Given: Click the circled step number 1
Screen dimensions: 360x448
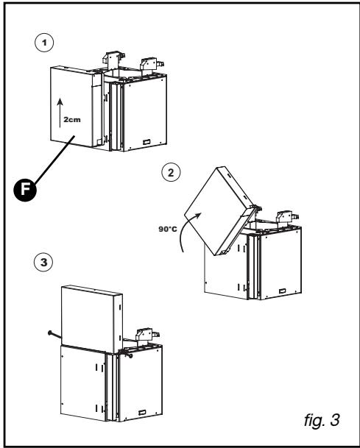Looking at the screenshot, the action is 44,43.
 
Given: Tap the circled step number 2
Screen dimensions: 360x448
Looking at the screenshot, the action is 171,173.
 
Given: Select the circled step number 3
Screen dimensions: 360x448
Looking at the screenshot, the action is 43,263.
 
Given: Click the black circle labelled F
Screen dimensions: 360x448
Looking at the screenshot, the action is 25,190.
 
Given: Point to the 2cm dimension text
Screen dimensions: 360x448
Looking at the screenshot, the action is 72,119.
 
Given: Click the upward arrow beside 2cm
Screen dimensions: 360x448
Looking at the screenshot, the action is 60,113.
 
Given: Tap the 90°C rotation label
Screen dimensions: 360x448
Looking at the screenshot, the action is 168,229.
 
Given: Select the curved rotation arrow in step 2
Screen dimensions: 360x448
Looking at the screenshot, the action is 186,230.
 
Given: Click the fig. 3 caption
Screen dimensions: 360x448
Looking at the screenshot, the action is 322,420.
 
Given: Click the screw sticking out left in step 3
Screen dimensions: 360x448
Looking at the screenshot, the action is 54,334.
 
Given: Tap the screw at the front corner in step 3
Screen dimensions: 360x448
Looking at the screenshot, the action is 127,355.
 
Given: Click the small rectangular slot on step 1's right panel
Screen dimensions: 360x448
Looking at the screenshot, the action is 147,142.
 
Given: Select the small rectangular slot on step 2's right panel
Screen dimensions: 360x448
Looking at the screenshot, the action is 282,291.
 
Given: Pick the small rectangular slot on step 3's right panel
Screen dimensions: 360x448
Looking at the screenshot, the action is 142,413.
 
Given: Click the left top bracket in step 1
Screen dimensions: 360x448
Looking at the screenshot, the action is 113,58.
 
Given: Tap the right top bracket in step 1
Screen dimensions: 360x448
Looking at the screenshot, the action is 152,64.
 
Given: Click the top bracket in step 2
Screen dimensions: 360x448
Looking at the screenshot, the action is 287,216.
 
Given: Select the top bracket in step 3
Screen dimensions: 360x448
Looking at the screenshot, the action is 147,334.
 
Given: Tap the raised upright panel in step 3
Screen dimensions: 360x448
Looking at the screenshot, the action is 92,319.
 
